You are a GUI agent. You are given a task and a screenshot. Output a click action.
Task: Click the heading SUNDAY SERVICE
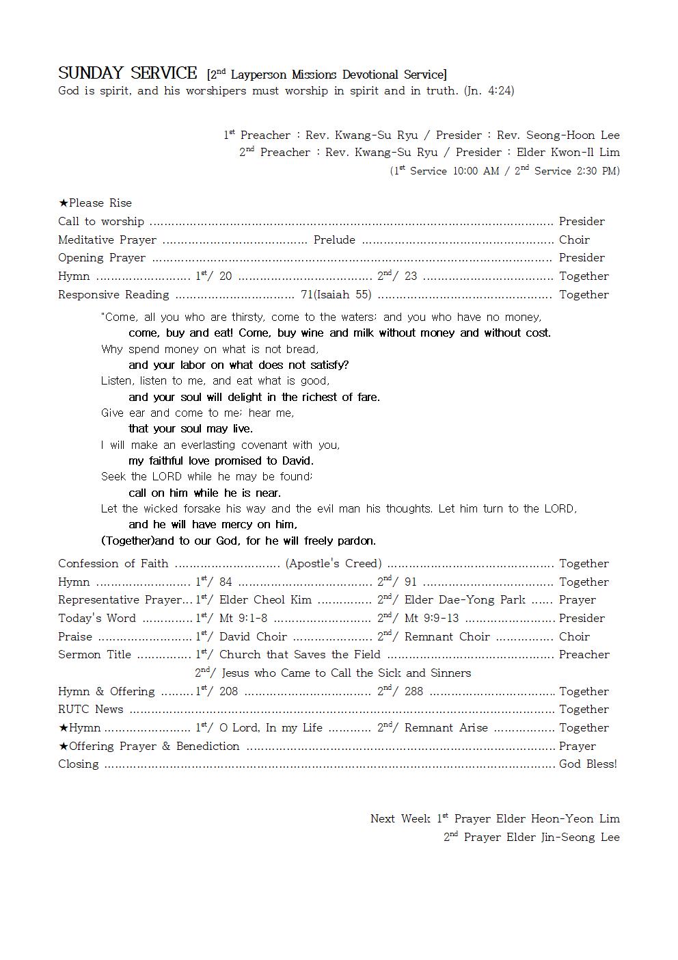click(127, 73)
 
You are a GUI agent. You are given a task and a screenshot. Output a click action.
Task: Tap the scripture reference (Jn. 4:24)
click(489, 90)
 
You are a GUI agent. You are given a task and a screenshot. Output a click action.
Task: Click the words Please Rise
click(100, 203)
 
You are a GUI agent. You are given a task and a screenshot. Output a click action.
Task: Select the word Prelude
click(334, 239)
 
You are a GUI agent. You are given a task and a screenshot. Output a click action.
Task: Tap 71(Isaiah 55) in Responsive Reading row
click(336, 294)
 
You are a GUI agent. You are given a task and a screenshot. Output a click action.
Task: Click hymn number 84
click(226, 582)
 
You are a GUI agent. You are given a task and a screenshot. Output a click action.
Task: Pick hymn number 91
click(411, 582)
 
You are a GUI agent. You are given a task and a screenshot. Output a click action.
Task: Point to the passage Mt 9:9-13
click(432, 618)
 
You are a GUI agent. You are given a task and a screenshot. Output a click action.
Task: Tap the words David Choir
click(253, 636)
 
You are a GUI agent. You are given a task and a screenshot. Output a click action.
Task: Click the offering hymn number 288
click(414, 691)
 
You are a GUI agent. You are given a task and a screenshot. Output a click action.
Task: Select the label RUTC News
click(90, 709)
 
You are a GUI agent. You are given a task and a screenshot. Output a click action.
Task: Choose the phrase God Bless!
click(588, 764)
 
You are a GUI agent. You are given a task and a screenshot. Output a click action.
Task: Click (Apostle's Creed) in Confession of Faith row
click(334, 563)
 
